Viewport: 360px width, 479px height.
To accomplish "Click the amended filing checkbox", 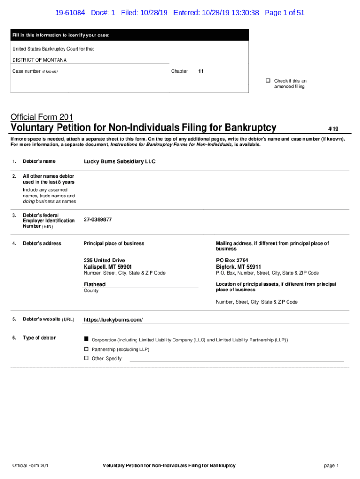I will pyautogui.click(x=268, y=81).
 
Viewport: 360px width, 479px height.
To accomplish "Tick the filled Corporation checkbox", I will pyautogui.click(x=86, y=338).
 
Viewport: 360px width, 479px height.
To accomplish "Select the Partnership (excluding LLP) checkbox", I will pyautogui.click(x=86, y=349).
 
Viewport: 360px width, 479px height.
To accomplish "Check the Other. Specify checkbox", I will pyautogui.click(x=86, y=358).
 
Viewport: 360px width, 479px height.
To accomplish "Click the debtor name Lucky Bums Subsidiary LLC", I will pyautogui.click(x=119, y=161).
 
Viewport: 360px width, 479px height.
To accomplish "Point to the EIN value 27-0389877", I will pyautogui.click(x=98, y=219).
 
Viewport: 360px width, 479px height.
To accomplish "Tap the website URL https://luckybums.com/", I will pyautogui.click(x=113, y=320).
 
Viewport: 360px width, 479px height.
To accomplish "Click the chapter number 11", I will pyautogui.click(x=201, y=72).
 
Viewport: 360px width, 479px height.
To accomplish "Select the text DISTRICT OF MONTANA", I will pyautogui.click(x=39, y=60).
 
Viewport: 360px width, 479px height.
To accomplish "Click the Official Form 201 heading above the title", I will pyautogui.click(x=42, y=117).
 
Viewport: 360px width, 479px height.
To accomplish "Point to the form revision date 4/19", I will pyautogui.click(x=333, y=129).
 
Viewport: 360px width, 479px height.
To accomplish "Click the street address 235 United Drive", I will pyautogui.click(x=104, y=260).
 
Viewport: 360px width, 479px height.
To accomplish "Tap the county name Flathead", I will pyautogui.click(x=94, y=284).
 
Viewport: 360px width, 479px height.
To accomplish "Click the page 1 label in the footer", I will pyautogui.click(x=331, y=465).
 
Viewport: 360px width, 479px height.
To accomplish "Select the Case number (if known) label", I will pyautogui.click(x=35, y=71).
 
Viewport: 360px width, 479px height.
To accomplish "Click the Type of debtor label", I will pyautogui.click(x=39, y=338).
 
